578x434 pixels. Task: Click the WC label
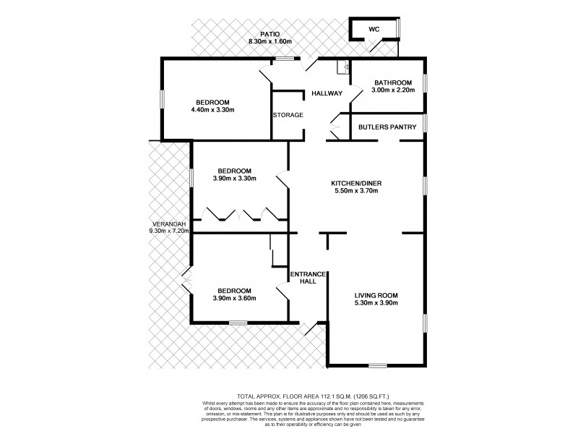[x=374, y=29]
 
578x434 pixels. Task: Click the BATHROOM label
[x=393, y=82]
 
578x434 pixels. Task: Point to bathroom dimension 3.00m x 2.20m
[x=393, y=90]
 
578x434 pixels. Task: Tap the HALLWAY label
[x=327, y=94]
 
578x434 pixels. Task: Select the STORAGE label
[x=288, y=115]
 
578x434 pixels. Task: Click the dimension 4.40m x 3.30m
[x=213, y=110]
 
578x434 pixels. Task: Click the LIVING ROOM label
[x=376, y=295]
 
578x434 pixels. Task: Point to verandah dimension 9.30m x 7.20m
[x=169, y=231]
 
